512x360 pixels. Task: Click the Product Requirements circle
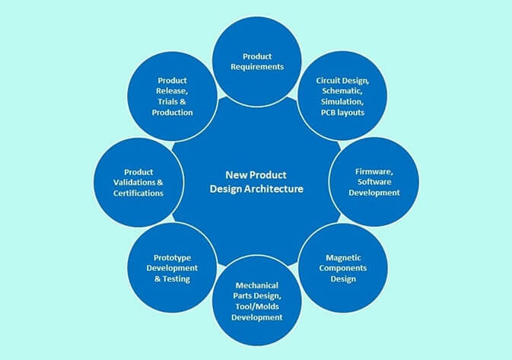(x=257, y=61)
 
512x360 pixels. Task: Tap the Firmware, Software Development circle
(x=374, y=183)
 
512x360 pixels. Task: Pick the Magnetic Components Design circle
(x=341, y=268)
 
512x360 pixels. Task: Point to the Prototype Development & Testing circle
(x=171, y=268)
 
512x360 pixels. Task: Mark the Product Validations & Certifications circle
(x=138, y=182)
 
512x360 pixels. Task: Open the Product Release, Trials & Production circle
(x=171, y=96)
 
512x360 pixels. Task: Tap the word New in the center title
(x=237, y=174)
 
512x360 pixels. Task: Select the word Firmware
(x=374, y=172)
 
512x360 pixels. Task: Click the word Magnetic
(x=341, y=257)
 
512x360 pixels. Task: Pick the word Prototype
(x=171, y=257)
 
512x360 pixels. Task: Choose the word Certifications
(x=138, y=193)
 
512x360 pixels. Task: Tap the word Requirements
(x=257, y=66)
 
